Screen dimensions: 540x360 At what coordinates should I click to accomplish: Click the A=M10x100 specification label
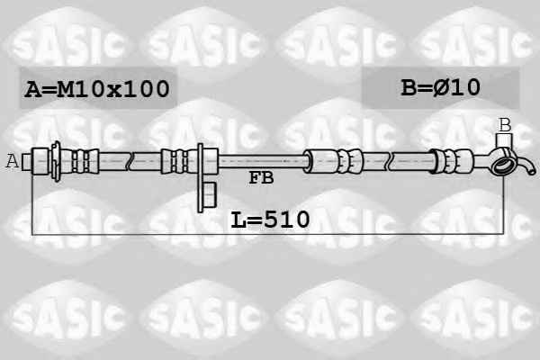tap(97, 88)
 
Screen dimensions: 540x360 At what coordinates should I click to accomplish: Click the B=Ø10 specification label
tap(440, 87)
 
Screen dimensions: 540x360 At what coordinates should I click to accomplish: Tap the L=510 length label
tap(270, 220)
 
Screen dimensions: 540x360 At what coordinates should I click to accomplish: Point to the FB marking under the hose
tap(261, 178)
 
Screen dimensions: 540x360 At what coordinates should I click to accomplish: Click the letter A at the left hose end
tap(13, 161)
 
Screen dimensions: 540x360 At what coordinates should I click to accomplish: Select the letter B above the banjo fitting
tap(505, 125)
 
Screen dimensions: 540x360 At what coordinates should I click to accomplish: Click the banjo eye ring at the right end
tap(502, 165)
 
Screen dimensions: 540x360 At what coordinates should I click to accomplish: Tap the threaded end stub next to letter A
tap(26, 162)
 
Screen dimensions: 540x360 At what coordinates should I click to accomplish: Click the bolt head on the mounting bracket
tap(210, 195)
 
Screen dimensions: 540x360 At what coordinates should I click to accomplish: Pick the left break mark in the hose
tap(130, 161)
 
